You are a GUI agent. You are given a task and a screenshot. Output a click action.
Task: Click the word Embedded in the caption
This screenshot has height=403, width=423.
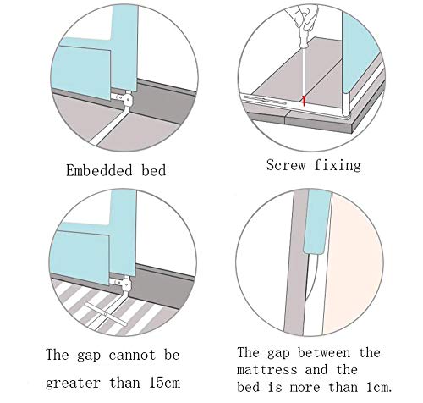pos(99,170)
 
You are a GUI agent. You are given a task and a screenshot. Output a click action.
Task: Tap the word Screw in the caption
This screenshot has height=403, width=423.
pos(286,165)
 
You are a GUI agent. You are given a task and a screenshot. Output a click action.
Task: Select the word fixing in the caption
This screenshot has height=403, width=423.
pos(338,165)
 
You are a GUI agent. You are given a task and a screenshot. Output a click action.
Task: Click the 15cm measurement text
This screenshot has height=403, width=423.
pos(164,383)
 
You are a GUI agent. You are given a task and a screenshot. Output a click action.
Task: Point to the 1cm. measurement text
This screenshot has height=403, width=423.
pos(379,387)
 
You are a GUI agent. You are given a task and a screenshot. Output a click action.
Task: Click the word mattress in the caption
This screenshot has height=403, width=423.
pos(267,370)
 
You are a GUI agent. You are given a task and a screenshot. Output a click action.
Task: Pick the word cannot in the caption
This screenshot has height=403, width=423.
pos(132,355)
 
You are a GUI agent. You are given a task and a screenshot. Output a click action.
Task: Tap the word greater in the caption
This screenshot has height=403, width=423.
pos(73,384)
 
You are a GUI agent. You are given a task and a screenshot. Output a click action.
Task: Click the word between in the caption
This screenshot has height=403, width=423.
pos(324,353)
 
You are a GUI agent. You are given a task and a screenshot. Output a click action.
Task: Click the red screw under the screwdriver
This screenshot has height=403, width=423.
pos(304,100)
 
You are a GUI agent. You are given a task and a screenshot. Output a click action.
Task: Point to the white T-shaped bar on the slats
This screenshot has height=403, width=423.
pos(106,314)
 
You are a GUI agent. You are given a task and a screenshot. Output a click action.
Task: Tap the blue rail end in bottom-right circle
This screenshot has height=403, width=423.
pos(318,222)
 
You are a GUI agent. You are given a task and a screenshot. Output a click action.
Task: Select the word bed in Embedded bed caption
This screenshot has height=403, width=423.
pos(154,170)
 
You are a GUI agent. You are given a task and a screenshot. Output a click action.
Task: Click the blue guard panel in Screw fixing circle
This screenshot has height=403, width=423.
pos(361,52)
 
